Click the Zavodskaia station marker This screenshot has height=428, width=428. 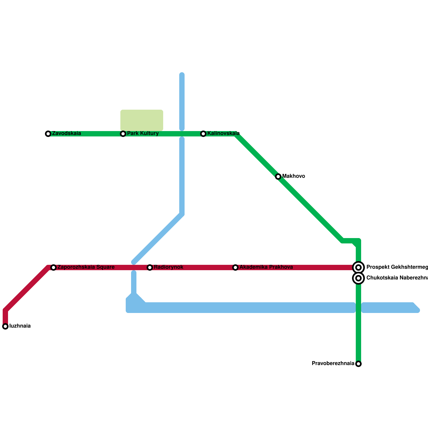click(x=48, y=134)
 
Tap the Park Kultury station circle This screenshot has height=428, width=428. click(x=123, y=134)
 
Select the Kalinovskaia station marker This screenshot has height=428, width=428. click(x=203, y=134)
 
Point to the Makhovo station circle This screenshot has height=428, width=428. click(x=278, y=177)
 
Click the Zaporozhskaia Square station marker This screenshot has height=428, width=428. click(x=53, y=267)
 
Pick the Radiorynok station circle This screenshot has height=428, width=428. click(x=150, y=267)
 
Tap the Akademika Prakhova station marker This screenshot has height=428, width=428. click(x=235, y=267)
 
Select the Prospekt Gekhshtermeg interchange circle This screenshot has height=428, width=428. click(x=358, y=267)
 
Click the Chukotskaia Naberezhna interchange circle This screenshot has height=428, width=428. click(x=358, y=278)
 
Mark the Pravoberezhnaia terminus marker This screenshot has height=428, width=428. click(x=358, y=364)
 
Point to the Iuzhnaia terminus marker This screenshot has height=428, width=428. click(x=5, y=326)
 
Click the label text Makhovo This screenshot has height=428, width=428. click(x=293, y=176)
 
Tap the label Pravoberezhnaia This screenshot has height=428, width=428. click(x=333, y=364)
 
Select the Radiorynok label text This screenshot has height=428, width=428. click(x=169, y=267)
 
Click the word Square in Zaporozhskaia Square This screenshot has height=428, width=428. click(x=105, y=267)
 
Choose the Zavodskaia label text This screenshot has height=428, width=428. click(x=66, y=133)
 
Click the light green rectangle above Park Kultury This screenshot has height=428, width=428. click(x=142, y=120)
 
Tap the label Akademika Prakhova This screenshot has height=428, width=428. click(x=266, y=267)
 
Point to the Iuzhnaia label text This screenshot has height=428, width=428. click(x=20, y=326)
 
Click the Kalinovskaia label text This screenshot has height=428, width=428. click(x=223, y=133)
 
